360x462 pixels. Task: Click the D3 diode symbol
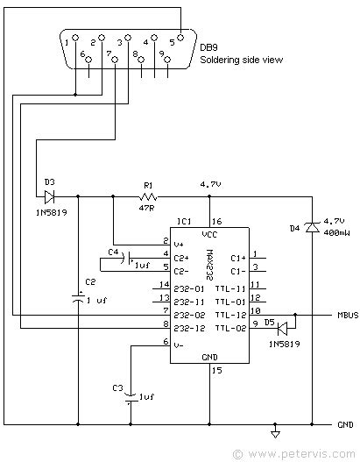click(49, 196)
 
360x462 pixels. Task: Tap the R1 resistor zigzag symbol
click(148, 196)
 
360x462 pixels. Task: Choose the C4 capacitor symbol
click(130, 260)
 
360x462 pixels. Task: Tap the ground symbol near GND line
click(276, 432)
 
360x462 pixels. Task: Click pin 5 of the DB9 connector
click(180, 38)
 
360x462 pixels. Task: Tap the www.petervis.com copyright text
click(295, 454)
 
